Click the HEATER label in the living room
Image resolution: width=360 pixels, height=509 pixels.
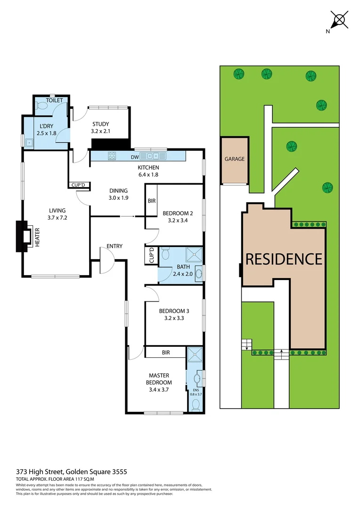(x=37, y=238)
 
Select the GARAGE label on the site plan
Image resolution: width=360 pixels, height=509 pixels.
(x=234, y=159)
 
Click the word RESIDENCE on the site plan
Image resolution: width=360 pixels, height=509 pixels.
(x=284, y=259)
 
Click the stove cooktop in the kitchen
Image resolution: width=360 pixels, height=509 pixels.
(x=113, y=156)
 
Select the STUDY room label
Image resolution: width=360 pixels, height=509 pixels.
(x=101, y=124)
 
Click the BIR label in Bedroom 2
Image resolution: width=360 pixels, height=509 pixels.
(x=152, y=201)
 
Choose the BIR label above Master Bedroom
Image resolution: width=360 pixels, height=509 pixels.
(x=166, y=352)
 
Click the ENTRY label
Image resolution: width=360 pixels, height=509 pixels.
(x=115, y=246)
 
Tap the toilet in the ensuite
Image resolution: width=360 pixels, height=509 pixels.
(x=196, y=404)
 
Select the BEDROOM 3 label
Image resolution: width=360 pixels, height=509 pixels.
(x=174, y=311)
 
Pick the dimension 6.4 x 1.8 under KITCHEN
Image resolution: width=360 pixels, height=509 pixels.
(x=148, y=174)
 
